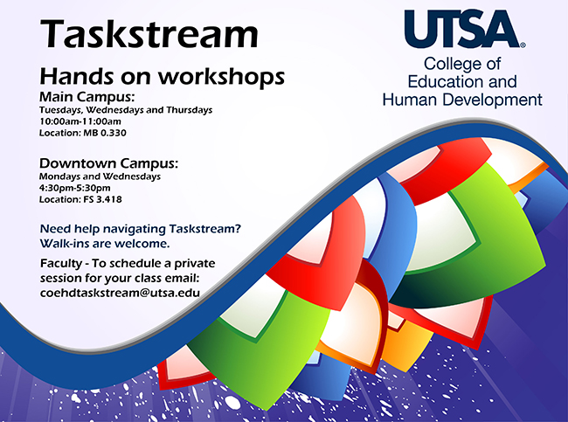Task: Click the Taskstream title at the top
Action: point(149,33)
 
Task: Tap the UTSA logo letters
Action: point(462,29)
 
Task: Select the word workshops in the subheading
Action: point(221,77)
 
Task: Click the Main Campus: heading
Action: point(87,97)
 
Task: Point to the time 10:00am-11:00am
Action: point(80,121)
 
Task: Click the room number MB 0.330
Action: point(105,133)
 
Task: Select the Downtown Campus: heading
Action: point(108,163)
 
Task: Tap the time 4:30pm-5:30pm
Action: point(75,188)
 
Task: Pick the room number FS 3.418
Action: point(102,199)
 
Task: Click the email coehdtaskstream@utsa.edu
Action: point(120,293)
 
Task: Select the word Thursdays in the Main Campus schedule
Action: point(189,110)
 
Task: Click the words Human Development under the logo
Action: point(462,100)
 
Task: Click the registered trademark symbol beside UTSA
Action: point(523,45)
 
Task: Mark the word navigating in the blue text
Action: point(135,229)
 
